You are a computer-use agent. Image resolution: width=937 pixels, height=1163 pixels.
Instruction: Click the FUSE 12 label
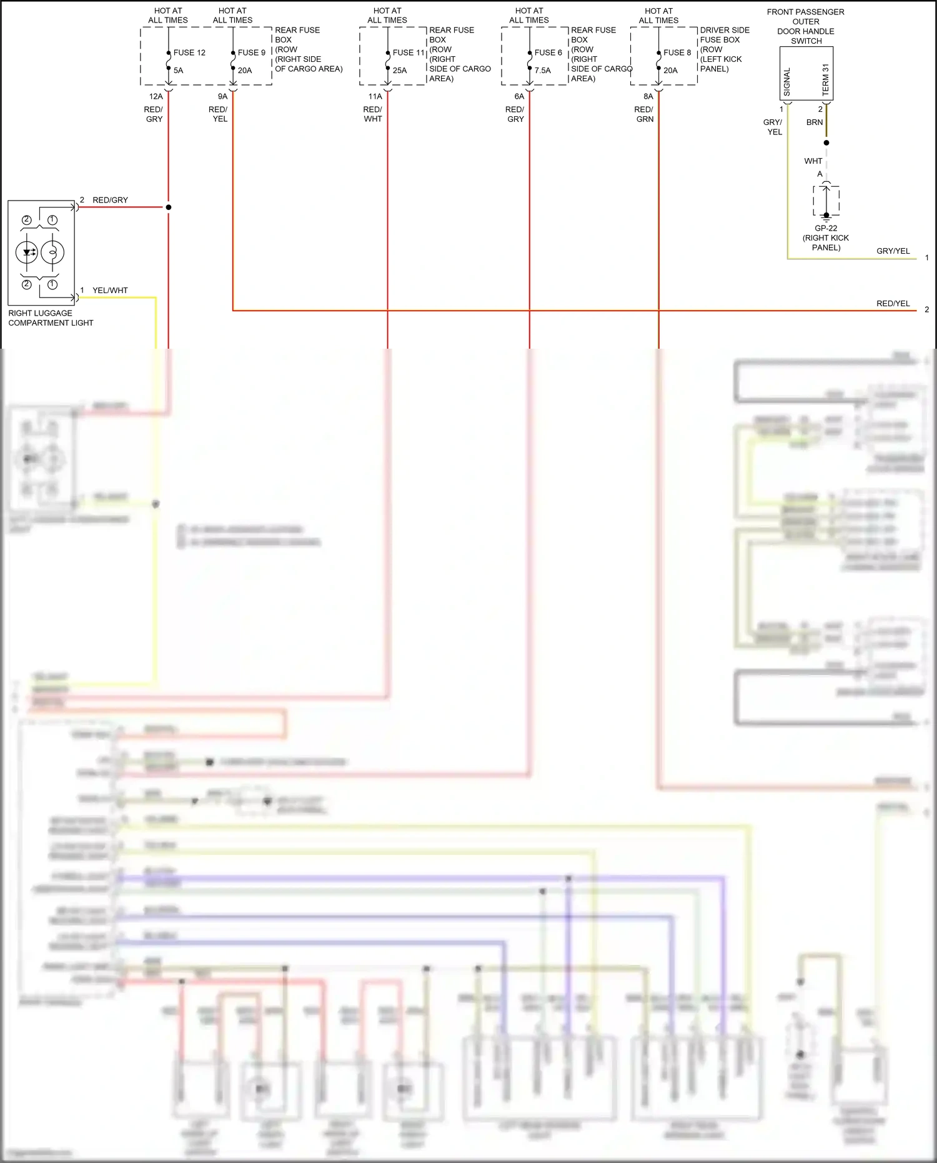click(x=189, y=52)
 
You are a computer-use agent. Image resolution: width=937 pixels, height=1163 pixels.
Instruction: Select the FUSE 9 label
click(x=251, y=52)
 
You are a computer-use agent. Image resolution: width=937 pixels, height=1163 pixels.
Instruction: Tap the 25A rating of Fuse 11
click(x=400, y=71)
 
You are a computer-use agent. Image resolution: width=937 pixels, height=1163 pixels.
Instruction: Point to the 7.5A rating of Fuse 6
click(x=542, y=71)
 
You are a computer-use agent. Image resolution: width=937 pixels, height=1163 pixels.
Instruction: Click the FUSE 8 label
click(x=677, y=52)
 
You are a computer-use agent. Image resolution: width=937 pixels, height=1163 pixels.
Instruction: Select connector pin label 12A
click(x=156, y=96)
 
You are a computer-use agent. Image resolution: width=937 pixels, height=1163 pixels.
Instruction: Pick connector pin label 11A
click(x=375, y=96)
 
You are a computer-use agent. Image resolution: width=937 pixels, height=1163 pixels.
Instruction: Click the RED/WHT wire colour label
click(x=373, y=114)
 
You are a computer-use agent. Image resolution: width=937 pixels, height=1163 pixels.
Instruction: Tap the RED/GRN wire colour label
click(x=644, y=114)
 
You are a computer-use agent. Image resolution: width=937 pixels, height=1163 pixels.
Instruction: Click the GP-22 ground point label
click(x=826, y=228)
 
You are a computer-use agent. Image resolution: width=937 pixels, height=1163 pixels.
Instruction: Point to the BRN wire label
click(x=814, y=122)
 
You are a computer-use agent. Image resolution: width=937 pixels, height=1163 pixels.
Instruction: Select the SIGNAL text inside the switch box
click(x=787, y=82)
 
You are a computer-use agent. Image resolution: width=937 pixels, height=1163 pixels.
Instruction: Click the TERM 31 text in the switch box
click(x=825, y=79)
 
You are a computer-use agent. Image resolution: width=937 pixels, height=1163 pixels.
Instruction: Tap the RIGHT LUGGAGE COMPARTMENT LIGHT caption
click(x=50, y=317)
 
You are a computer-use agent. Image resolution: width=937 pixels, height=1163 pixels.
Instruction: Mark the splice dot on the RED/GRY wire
click(x=169, y=207)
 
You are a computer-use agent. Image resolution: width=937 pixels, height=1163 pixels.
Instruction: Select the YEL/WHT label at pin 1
click(x=110, y=290)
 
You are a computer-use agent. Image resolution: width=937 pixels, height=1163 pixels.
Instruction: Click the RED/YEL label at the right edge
click(x=893, y=303)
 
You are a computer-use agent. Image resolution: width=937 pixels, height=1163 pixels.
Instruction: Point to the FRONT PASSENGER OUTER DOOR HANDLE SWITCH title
click(x=805, y=26)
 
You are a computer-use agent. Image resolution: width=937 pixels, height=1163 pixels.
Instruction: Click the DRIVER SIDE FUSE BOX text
click(x=724, y=34)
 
